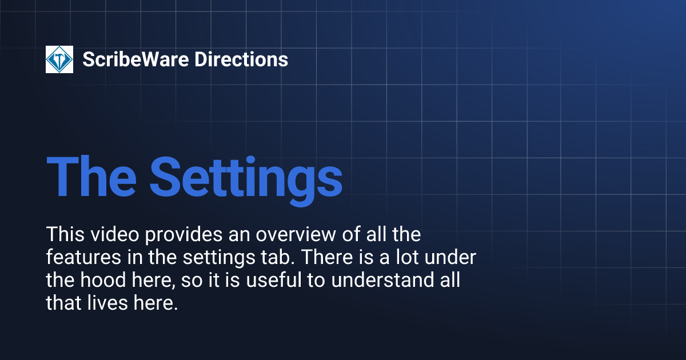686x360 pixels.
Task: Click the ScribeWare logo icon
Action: [x=59, y=59]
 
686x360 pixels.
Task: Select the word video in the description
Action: [x=106, y=234]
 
